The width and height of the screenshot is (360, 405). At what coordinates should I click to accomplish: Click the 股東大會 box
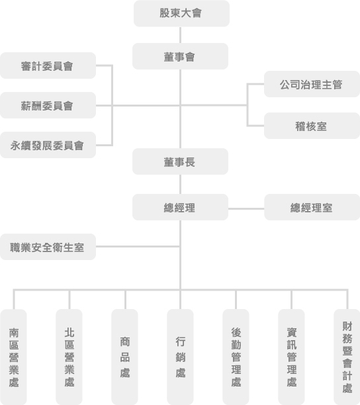point(181,13)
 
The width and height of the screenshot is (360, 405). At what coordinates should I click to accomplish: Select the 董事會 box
point(180,56)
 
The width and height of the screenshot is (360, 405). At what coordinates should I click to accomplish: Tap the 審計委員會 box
point(48,66)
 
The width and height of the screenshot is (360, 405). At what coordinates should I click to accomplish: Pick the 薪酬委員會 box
point(48,105)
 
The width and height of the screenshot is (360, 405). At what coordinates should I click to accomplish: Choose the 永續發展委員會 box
point(48,145)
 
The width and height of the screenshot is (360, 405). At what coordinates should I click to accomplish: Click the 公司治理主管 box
point(312,84)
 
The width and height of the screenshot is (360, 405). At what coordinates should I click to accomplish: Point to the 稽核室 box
point(312,126)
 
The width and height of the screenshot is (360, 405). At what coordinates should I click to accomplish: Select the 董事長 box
point(180,161)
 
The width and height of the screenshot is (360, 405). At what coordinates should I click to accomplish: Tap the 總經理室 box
point(312,207)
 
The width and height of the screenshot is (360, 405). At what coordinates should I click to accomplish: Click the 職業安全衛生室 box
point(48,247)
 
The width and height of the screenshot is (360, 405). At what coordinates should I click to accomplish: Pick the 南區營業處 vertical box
point(13,357)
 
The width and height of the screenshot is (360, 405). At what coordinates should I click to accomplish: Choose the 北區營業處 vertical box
point(69,357)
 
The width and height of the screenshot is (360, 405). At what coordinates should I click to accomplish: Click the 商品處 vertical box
point(124,357)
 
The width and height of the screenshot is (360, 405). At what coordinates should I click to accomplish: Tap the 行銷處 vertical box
point(180,357)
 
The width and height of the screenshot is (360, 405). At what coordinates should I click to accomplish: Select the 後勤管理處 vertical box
point(236,357)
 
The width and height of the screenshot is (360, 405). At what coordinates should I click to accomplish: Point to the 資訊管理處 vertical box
point(291,357)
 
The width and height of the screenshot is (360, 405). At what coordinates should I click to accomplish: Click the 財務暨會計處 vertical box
point(347,357)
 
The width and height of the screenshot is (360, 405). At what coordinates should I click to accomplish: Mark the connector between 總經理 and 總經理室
point(246,208)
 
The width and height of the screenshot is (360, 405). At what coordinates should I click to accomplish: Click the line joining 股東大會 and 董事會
point(180,35)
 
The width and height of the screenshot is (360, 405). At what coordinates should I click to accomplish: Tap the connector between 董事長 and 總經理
point(180,185)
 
